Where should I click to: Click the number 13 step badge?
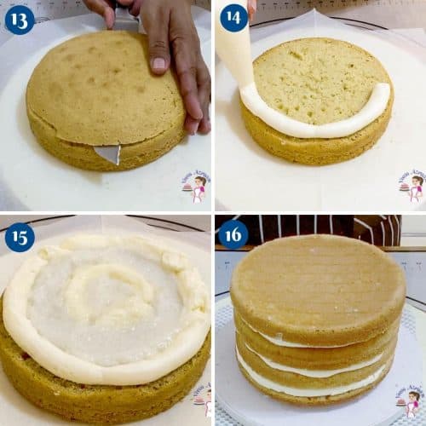click(20, 19)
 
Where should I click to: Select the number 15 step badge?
click(20, 236)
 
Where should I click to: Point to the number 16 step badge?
click(233, 234)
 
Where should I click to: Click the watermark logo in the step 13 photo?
click(195, 185)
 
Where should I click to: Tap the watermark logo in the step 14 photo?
click(410, 186)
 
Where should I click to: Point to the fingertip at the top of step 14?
click(251, 9)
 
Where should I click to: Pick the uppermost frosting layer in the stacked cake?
click(281, 341)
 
